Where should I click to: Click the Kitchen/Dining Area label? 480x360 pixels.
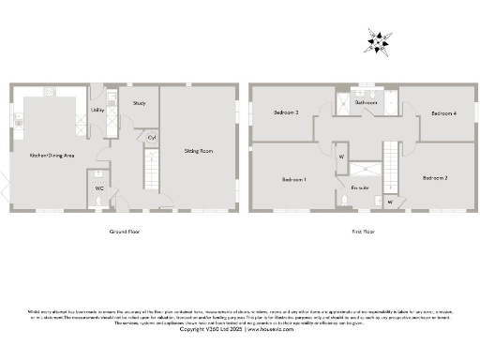tap(52, 154)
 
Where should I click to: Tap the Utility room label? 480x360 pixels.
tap(97, 111)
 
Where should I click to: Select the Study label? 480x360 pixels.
tap(139, 103)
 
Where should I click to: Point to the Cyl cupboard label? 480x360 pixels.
tap(151, 137)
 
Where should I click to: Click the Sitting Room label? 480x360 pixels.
tap(197, 150)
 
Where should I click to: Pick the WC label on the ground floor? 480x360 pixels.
tap(98, 187)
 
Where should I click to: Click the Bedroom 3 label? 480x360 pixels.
tap(286, 112)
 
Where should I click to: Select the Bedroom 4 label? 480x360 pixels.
tap(443, 112)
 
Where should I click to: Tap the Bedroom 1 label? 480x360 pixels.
tap(293, 178)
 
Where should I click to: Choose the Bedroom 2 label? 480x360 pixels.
tap(434, 177)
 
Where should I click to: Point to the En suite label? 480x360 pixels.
tap(360, 187)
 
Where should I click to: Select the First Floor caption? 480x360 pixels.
tap(363, 230)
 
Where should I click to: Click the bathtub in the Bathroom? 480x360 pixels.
tap(366, 95)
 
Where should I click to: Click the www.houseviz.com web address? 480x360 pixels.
tap(271, 329)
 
